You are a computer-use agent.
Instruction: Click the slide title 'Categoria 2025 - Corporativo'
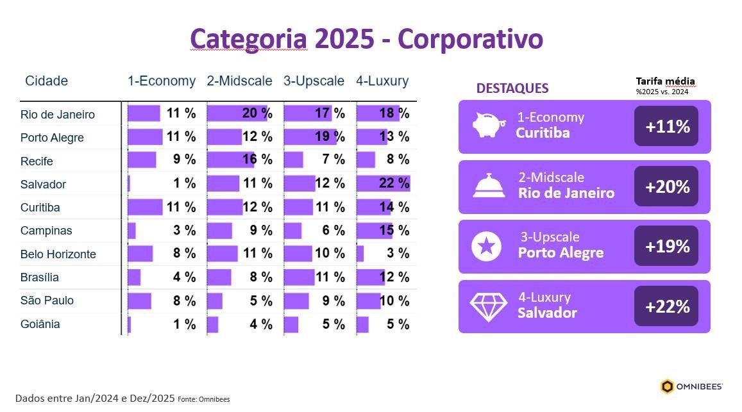point(366,38)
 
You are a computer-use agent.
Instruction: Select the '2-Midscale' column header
point(239,81)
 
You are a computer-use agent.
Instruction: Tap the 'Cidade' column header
point(46,81)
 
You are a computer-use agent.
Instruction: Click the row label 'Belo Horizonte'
point(58,254)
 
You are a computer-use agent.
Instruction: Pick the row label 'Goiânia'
point(40,324)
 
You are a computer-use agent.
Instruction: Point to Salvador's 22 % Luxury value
point(394,183)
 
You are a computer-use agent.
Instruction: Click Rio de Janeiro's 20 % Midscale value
point(257,113)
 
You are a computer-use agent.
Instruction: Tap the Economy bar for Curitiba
point(145,207)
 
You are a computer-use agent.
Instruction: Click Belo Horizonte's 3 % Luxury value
point(398,253)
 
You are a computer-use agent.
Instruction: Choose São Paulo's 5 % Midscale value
point(261,300)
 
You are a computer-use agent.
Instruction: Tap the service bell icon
point(489,186)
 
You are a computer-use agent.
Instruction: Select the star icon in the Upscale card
point(486,246)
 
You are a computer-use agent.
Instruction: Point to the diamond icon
point(488,306)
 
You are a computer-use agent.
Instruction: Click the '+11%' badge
point(666,126)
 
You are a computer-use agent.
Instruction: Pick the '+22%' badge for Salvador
point(666,306)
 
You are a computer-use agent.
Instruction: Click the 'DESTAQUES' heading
point(512,88)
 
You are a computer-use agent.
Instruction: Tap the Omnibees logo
point(691,386)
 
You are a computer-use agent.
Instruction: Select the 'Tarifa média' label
point(665,81)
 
